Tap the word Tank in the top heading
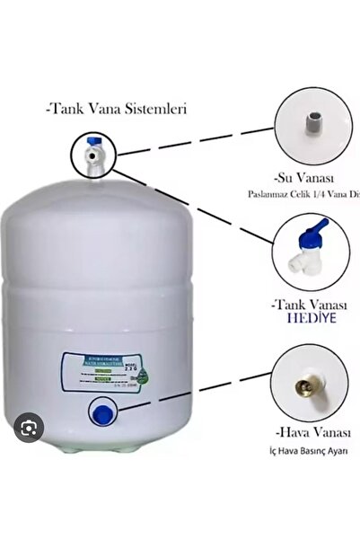click(x=71, y=112)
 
